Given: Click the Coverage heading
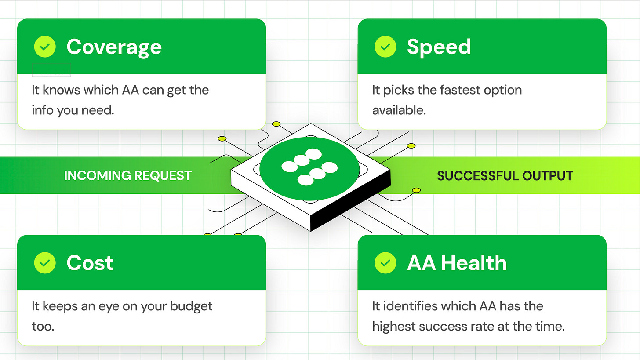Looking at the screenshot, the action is point(114,47).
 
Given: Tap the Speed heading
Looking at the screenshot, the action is point(439,47).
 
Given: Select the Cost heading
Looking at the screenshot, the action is point(90,263).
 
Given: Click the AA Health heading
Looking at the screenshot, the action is point(457,263).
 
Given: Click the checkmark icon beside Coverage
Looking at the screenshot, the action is point(45,47).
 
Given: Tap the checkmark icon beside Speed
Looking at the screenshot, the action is point(385,47).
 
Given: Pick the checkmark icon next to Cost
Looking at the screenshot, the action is point(45,263).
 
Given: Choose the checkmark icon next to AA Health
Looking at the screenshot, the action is point(385,263).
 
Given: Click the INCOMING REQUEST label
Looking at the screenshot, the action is point(127,176).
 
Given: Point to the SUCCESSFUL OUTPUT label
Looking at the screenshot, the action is point(505,176).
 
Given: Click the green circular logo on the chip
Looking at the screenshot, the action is point(309,167).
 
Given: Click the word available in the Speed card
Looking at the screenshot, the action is point(399,110).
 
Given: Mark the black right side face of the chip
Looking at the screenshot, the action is point(352,200).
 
